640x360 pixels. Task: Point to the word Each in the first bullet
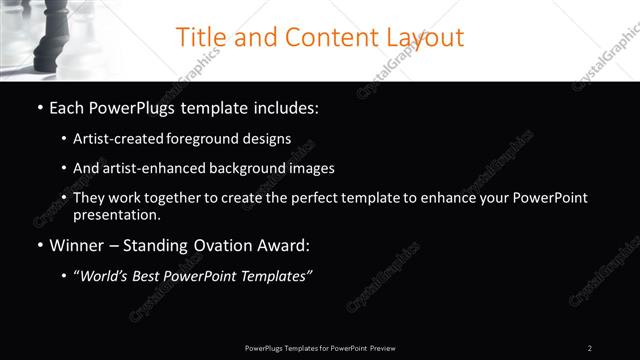[x=68, y=107]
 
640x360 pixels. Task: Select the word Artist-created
[x=116, y=139]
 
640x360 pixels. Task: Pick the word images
[x=308, y=168]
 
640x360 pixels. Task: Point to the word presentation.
[x=116, y=214]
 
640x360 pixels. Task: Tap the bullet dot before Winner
[x=40, y=245]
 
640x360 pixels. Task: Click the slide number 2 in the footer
[x=590, y=348]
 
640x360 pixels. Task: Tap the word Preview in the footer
[x=382, y=348]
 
